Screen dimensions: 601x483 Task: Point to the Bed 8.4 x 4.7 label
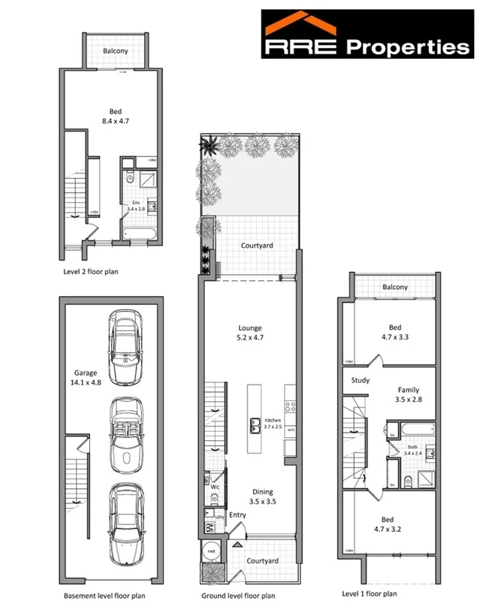click(116, 116)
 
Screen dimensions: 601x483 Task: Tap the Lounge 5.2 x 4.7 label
click(249, 333)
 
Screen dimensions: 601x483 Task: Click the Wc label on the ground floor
click(214, 487)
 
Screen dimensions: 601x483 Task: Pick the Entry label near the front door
click(237, 514)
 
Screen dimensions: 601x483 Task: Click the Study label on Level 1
click(361, 380)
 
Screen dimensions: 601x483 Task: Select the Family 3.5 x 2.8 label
click(409, 395)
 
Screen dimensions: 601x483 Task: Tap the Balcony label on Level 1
click(394, 286)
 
